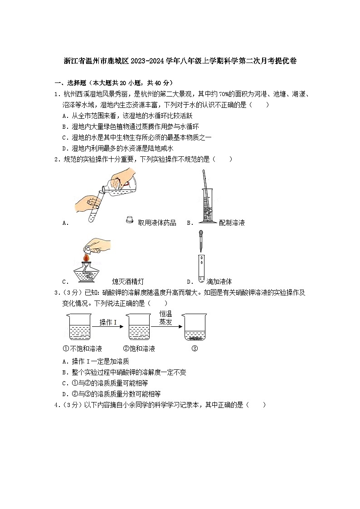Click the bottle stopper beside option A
point(129,220)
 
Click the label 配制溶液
point(231,223)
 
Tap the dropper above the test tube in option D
point(200,241)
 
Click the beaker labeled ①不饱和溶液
point(79,327)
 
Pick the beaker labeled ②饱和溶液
point(138,327)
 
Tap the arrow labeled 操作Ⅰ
point(108,326)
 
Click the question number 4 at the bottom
point(56,405)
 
